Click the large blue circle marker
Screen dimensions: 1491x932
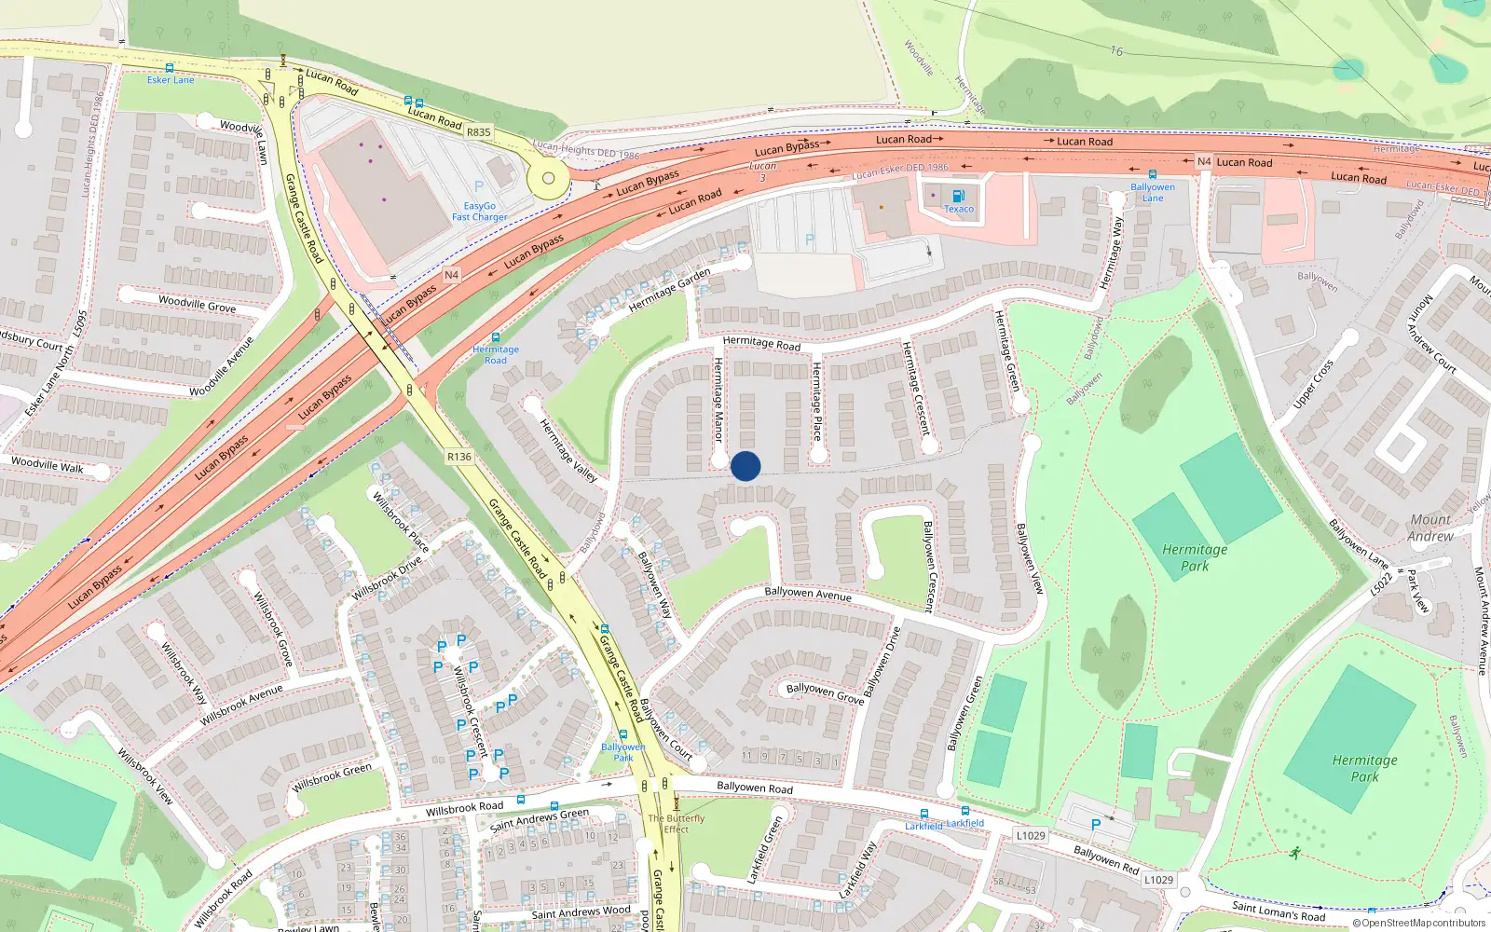(x=745, y=466)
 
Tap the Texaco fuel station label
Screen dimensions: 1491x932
(x=959, y=209)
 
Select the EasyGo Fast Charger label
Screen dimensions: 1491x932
(x=480, y=212)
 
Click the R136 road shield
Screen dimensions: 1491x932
(x=459, y=457)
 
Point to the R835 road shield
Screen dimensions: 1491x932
(x=479, y=132)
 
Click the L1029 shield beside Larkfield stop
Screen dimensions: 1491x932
(x=1031, y=835)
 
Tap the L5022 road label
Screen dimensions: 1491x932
(x=1381, y=583)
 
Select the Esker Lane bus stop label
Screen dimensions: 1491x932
(x=171, y=80)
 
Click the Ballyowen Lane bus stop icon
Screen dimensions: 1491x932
(x=1153, y=174)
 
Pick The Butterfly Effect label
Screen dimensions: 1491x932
(x=677, y=824)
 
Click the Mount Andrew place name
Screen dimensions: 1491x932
(x=1430, y=528)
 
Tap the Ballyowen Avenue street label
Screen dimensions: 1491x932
(x=808, y=593)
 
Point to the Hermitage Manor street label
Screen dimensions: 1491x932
(x=718, y=399)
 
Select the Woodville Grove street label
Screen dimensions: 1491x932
(x=197, y=303)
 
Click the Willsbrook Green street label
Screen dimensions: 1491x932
(x=332, y=778)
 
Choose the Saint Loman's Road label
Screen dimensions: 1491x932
(x=1278, y=911)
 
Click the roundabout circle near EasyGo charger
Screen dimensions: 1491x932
(x=549, y=178)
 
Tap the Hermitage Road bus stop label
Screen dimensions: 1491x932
(x=496, y=355)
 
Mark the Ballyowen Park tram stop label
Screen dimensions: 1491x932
(x=622, y=752)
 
